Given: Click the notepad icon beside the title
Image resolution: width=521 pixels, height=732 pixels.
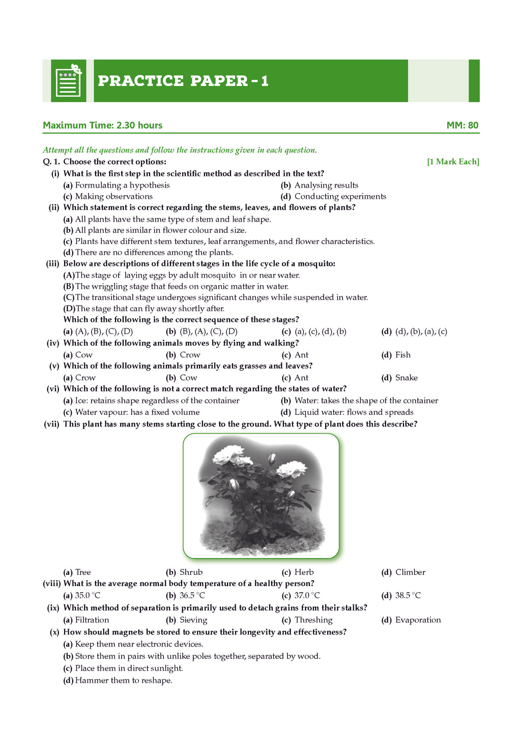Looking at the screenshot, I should pyautogui.click(x=68, y=81).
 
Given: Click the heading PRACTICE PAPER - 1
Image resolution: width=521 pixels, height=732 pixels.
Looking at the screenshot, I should pyautogui.click(x=183, y=81).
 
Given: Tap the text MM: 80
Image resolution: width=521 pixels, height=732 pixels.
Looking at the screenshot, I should pyautogui.click(x=462, y=125).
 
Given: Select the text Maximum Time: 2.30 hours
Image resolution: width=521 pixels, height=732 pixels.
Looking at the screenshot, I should pyautogui.click(x=103, y=125).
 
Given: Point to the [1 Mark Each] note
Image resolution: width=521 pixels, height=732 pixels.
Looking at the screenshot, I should pyautogui.click(x=453, y=162).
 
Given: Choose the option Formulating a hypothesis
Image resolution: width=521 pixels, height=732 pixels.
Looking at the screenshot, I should pyautogui.click(x=122, y=185).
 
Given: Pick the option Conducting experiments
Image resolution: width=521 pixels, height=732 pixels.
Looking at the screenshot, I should pyautogui.click(x=340, y=196).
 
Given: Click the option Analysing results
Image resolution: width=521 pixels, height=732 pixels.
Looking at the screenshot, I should pyautogui.click(x=326, y=185).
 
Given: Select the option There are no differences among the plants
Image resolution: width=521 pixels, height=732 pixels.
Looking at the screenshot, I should pyautogui.click(x=154, y=252).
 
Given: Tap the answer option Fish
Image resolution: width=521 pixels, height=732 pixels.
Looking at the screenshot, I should pyautogui.click(x=402, y=355).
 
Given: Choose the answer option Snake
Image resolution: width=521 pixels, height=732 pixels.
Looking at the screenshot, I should pyautogui.click(x=406, y=378).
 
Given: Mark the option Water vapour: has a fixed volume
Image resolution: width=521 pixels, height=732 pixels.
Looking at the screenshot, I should pyautogui.click(x=137, y=412).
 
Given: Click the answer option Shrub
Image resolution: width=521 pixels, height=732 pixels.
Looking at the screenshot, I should pyautogui.click(x=191, y=572).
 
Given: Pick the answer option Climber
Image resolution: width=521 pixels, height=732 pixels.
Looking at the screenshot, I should pyautogui.click(x=410, y=572).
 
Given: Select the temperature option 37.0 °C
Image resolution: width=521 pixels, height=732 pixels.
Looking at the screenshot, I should pyautogui.click(x=307, y=595).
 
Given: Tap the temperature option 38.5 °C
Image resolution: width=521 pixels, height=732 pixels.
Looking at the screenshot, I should pyautogui.click(x=408, y=595).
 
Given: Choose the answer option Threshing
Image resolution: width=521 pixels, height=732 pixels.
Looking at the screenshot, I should pyautogui.click(x=313, y=620).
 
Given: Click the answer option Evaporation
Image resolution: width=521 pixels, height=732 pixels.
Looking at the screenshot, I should pyautogui.click(x=418, y=620).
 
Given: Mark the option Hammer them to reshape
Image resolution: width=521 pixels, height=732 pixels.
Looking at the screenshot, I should pyautogui.click(x=124, y=680).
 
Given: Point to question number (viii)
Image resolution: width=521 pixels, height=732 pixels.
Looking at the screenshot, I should pyautogui.click(x=51, y=584).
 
